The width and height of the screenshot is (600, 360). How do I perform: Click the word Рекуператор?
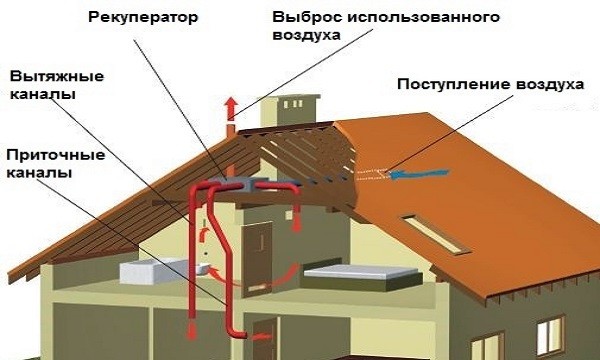coord(142,17)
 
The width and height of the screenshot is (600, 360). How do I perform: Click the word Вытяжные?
coord(47,77)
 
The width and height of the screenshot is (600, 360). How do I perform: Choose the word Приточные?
coord(47,155)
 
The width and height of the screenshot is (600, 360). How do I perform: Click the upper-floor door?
coord(261,244)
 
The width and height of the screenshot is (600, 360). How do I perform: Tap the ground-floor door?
coord(263,338)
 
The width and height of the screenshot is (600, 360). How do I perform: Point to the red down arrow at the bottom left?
coord(191,331)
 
